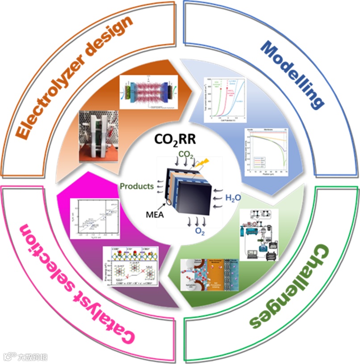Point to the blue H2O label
pyautogui.click(x=233, y=197)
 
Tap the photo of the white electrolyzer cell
pyautogui.click(x=96, y=136)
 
